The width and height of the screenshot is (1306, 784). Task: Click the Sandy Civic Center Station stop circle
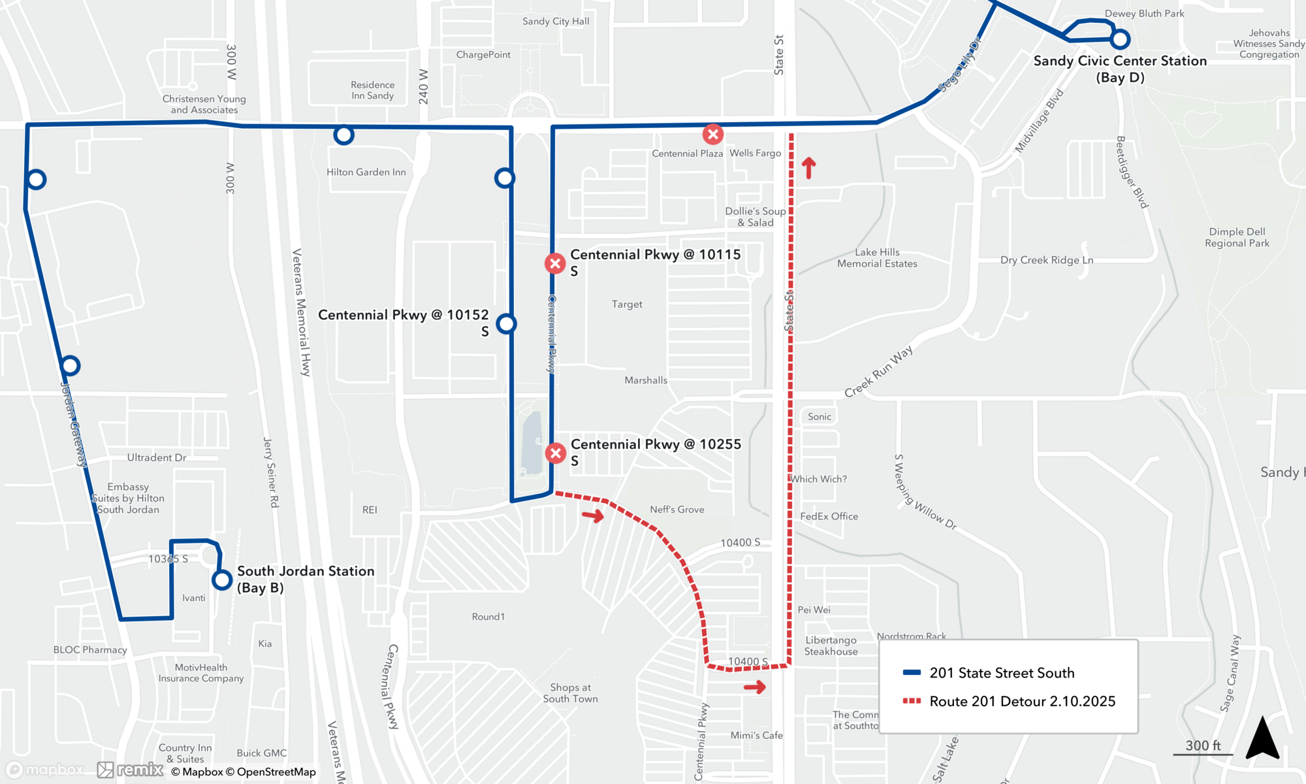point(1120,40)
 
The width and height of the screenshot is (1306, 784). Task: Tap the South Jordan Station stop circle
point(222,580)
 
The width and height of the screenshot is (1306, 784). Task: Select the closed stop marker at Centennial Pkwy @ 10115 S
point(555,263)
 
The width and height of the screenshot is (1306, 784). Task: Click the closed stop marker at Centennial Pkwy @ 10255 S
point(556,453)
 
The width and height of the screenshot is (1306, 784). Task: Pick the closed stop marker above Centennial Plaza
point(712,135)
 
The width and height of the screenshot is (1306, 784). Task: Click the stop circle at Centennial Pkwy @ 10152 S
point(506,323)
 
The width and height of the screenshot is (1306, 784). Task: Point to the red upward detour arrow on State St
point(808,168)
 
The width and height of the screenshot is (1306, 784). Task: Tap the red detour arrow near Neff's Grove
point(593,516)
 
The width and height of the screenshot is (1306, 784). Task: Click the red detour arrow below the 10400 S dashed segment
point(755,687)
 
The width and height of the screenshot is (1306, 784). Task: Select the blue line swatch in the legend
point(912,672)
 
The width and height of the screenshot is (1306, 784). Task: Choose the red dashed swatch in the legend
point(912,701)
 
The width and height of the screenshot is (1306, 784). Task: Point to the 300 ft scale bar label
point(1203,745)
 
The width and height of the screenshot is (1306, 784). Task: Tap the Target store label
point(627,304)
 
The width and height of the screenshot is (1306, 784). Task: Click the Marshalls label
point(646,380)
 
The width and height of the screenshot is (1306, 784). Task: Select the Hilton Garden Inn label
point(366,172)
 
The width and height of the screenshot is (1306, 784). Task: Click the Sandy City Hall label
point(556,22)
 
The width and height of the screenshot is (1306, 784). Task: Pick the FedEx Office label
point(829,516)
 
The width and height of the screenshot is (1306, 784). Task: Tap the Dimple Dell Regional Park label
point(1237,237)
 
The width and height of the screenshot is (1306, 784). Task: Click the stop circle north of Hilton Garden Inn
point(343,135)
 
